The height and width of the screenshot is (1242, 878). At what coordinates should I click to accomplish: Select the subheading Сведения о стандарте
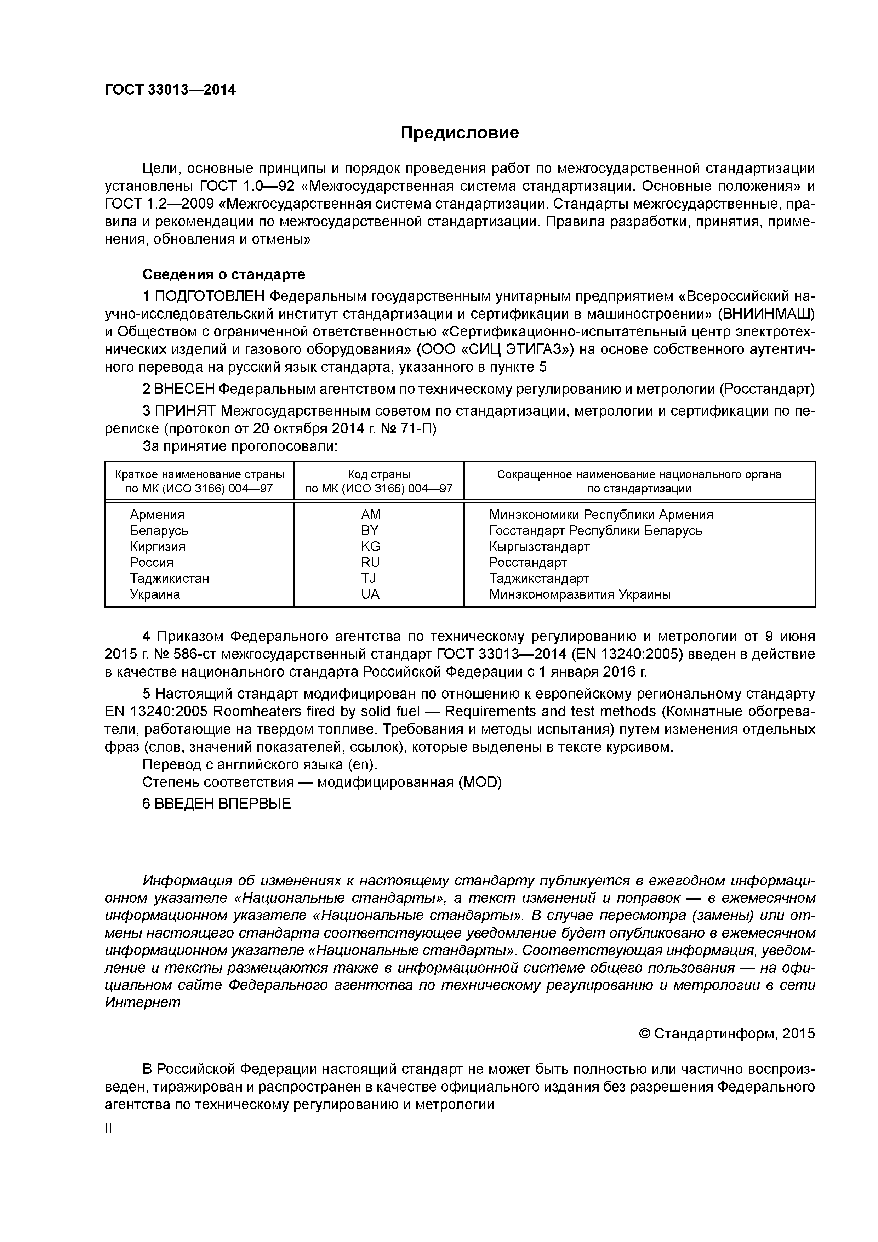[223, 275]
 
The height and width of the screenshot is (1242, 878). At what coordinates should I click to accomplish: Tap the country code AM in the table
[371, 514]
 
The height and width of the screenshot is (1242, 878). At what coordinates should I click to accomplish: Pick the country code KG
[371, 546]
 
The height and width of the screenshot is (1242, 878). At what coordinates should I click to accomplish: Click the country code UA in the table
[371, 594]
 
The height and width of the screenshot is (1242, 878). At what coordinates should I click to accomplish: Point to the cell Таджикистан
[169, 578]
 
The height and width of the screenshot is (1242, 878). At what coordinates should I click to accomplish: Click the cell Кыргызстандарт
[539, 546]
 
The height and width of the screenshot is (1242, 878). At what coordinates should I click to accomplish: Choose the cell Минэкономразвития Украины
[580, 594]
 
